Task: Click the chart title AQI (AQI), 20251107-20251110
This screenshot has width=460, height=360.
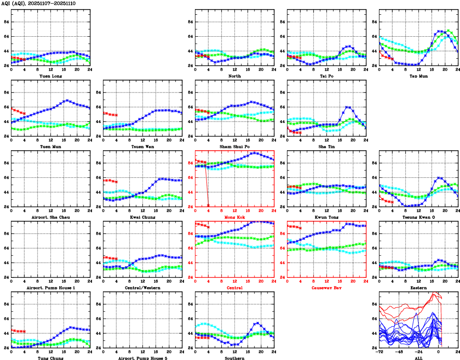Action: pyautogui.click(x=35, y=3)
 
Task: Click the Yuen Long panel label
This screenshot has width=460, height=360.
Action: pyautogui.click(x=51, y=76)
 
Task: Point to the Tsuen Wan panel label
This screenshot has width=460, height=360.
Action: pyautogui.click(x=143, y=146)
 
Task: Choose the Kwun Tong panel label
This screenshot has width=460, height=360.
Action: pyautogui.click(x=327, y=217)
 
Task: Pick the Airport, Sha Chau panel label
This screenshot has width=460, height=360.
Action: pyautogui.click(x=51, y=217)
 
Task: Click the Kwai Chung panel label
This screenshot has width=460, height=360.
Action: pyautogui.click(x=143, y=217)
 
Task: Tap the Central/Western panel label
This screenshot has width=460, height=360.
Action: pyautogui.click(x=143, y=288)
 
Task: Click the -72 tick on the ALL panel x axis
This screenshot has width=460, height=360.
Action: pyautogui.click(x=379, y=352)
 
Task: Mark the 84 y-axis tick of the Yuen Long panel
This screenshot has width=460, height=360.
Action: pyautogui.click(x=6, y=22)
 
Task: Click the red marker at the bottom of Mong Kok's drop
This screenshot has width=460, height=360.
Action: pyautogui.click(x=208, y=206)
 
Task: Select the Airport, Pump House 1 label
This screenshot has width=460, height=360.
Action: pyautogui.click(x=51, y=288)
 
